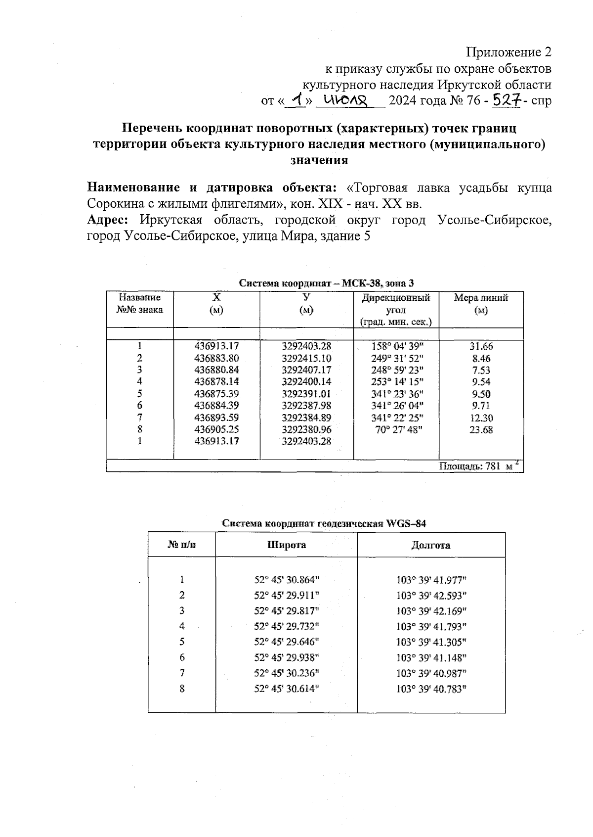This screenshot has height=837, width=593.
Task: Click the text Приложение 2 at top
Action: click(x=508, y=52)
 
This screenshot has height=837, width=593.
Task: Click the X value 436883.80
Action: click(x=216, y=358)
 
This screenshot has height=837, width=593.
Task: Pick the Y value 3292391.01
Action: click(x=306, y=394)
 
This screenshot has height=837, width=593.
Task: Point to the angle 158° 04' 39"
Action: click(x=397, y=346)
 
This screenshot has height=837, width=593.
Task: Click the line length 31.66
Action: click(x=481, y=347)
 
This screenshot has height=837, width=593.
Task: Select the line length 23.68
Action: click(x=481, y=430)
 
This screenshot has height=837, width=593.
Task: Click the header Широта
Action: click(x=287, y=545)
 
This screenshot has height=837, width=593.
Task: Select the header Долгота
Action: click(x=430, y=545)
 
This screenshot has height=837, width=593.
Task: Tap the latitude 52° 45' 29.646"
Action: click(x=287, y=642)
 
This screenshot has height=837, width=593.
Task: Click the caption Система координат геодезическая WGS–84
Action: click(x=324, y=523)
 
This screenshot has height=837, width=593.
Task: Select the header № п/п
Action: click(x=181, y=545)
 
